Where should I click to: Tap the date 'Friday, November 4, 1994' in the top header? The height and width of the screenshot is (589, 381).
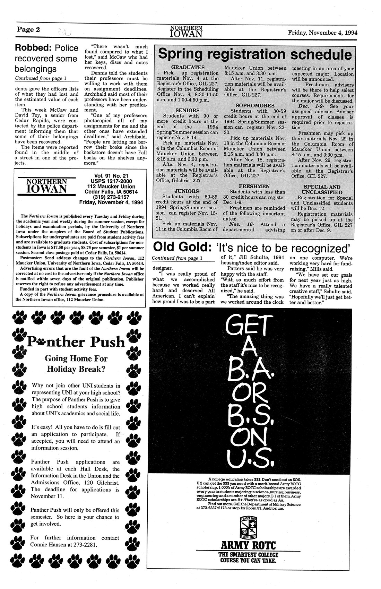pos(322,33)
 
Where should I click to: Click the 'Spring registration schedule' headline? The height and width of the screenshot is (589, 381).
pos(255,55)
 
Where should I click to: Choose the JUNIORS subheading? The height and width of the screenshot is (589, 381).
pos(187,191)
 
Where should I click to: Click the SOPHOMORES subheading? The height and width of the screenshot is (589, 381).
pos(255,105)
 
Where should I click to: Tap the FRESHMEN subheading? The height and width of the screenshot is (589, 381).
pos(255,186)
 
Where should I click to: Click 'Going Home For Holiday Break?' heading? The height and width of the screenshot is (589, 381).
pos(76,363)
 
